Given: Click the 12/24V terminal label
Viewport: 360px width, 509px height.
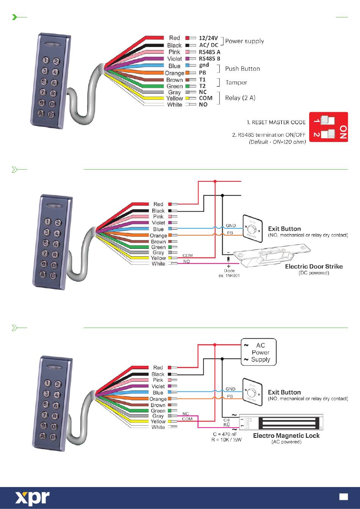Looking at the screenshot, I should pos(208,38).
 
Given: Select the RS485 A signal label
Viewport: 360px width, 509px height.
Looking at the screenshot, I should pos(210,52).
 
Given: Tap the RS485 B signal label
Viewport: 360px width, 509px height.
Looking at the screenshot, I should pos(210,59).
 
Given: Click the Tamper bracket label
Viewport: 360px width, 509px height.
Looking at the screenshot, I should pos(236,83).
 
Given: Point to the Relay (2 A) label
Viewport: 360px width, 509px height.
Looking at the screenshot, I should pos(240,98).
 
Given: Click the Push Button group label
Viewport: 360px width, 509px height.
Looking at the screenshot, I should pos(243,69).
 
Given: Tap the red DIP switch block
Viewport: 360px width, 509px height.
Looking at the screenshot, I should pos(329,127).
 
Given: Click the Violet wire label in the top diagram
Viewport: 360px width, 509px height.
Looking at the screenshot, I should pos(175,59).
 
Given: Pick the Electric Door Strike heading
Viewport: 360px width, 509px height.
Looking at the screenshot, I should pos(314,266).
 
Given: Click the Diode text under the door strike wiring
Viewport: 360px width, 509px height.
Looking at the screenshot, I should pos(229,271).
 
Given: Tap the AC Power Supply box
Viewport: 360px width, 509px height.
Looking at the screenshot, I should pos(259,352).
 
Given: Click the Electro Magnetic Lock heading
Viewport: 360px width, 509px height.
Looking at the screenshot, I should pos(286,436).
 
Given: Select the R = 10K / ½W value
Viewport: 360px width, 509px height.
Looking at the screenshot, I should pos(226,440).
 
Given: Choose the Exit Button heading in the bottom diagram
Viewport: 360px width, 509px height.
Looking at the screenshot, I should pos(284,392).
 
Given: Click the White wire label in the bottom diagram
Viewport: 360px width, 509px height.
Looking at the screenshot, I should pos(158,427).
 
